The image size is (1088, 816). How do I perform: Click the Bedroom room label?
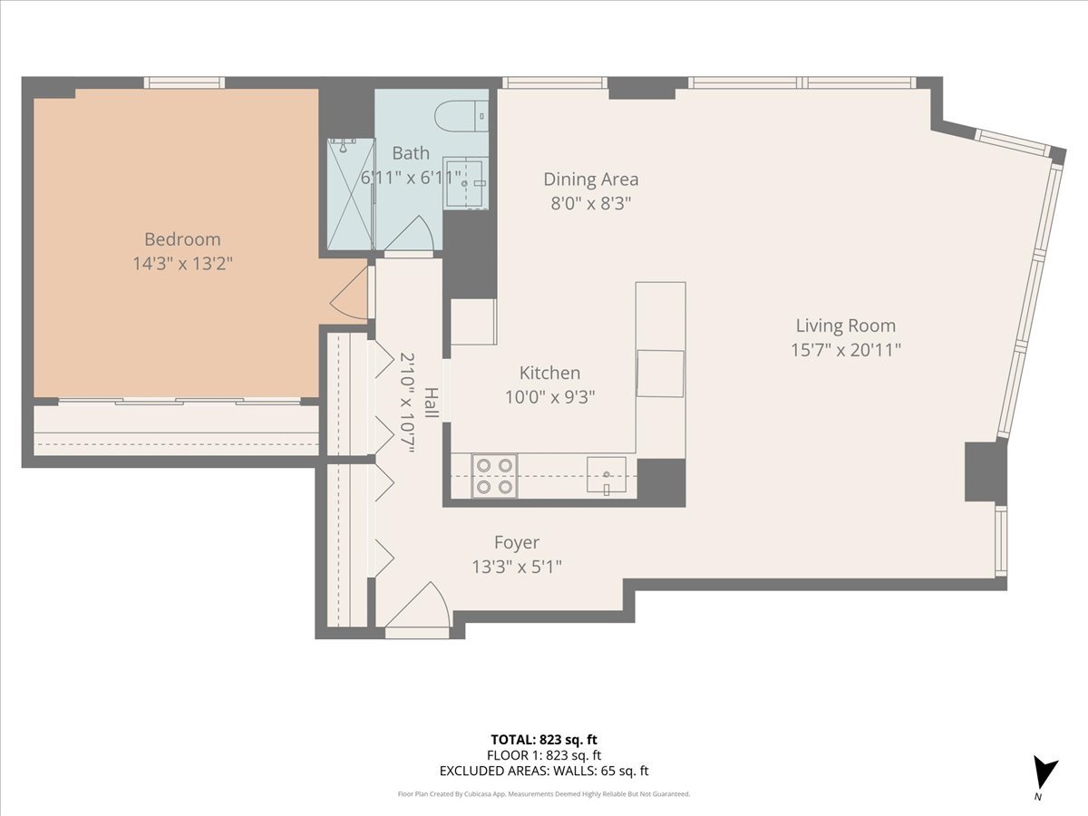(182, 239)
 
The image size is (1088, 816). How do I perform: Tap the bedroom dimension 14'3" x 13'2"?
(182, 263)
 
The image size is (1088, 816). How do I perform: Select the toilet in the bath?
(461, 116)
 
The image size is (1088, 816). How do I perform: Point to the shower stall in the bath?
(351, 193)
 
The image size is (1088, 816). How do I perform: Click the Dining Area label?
(590, 179)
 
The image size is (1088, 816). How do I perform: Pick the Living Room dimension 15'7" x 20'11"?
(845, 349)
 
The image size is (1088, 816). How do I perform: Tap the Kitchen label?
(549, 373)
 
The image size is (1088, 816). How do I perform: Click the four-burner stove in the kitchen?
(494, 476)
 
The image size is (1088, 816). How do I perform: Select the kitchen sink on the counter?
(607, 473)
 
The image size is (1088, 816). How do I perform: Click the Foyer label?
(516, 542)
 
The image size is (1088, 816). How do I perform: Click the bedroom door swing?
(350, 295)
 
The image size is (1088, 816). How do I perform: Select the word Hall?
(432, 403)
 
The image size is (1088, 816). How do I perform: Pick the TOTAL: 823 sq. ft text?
(544, 739)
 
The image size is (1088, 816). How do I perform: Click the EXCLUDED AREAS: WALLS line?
(544, 772)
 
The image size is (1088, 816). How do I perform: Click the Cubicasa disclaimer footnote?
(544, 794)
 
